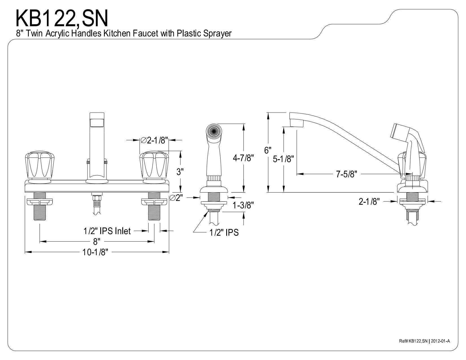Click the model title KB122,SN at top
pyautogui.click(x=62, y=19)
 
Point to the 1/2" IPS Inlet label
pyautogui.click(x=107, y=231)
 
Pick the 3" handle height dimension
pyautogui.click(x=180, y=172)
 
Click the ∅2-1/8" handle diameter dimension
pyautogui.click(x=154, y=140)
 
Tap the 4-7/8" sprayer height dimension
pyautogui.click(x=243, y=158)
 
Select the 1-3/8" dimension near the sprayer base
pyautogui.click(x=243, y=205)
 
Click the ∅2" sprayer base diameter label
pyautogui.click(x=176, y=198)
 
